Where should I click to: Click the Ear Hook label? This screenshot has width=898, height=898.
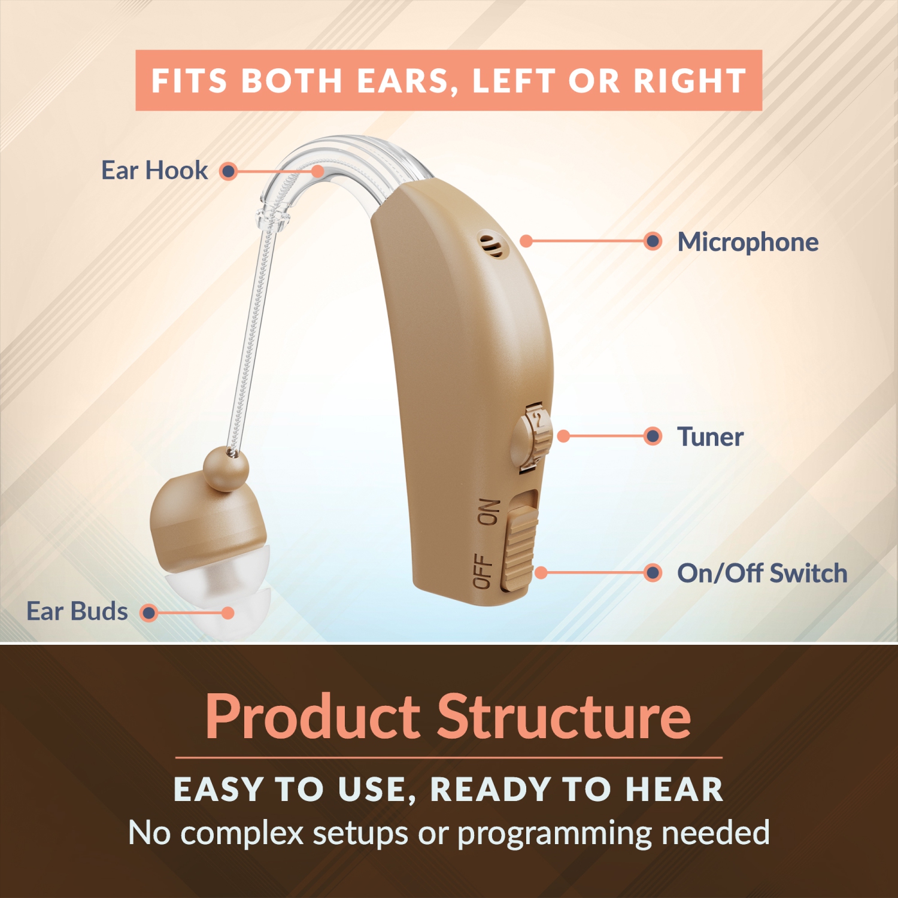pyautogui.click(x=154, y=171)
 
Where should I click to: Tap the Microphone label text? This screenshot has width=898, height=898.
pyautogui.click(x=748, y=242)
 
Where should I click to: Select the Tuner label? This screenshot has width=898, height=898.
pyautogui.click(x=710, y=436)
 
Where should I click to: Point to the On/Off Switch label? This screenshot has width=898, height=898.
pyautogui.click(x=762, y=573)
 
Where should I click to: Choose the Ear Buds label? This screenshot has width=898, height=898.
pyautogui.click(x=77, y=611)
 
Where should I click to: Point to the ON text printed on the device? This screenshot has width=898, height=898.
pyautogui.click(x=488, y=512)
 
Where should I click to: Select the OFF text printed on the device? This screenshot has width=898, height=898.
pyautogui.click(x=483, y=571)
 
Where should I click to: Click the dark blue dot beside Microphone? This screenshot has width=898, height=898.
pyautogui.click(x=653, y=241)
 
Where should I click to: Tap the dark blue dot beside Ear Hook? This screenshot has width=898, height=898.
pyautogui.click(x=228, y=172)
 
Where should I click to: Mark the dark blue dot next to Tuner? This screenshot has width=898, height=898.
pyautogui.click(x=653, y=436)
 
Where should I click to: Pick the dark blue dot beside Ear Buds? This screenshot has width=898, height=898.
pyautogui.click(x=148, y=613)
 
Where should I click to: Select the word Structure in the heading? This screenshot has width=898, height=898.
pyautogui.click(x=564, y=717)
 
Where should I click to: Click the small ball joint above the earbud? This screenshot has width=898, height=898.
pyautogui.click(x=226, y=469)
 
